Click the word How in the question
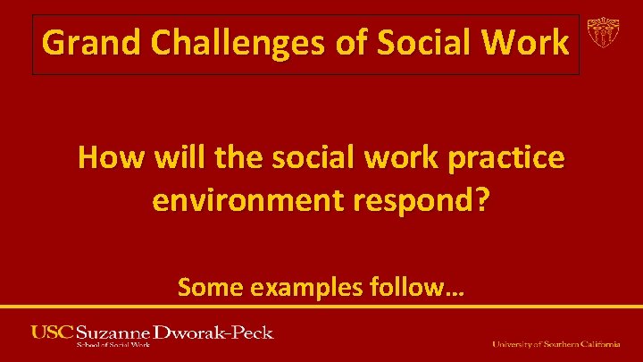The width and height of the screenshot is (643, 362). tap(109, 158)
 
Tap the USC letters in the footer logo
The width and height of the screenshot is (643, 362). tap(52, 333)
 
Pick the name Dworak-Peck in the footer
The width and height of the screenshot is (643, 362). tap(215, 333)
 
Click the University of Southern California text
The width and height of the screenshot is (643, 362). tap(556, 344)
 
